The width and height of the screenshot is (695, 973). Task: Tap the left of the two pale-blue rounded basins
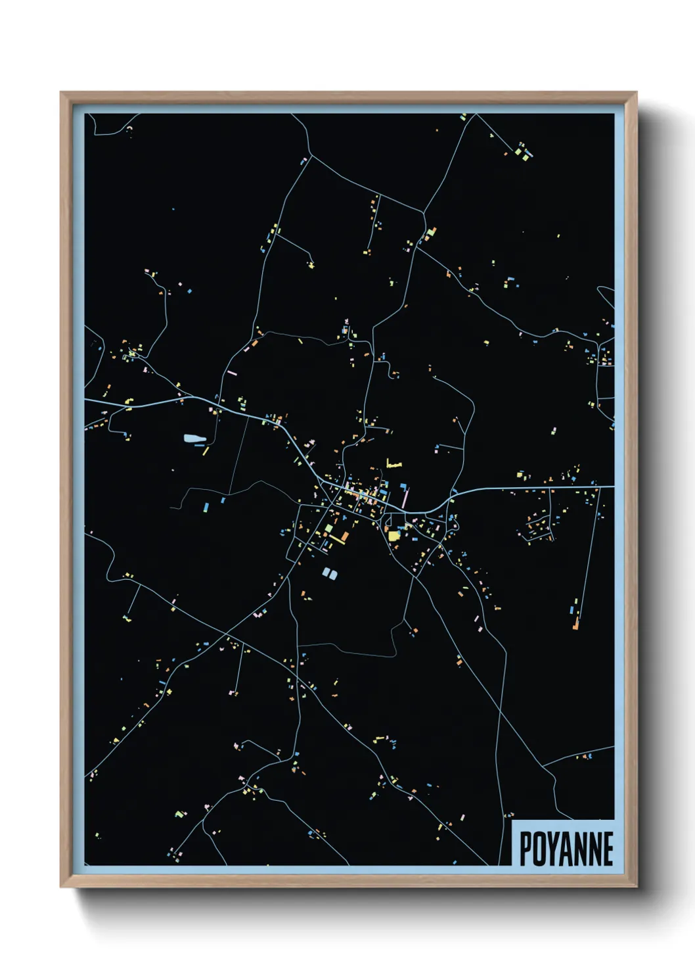coord(326,573)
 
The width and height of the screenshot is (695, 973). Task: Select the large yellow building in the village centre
coord(393,535)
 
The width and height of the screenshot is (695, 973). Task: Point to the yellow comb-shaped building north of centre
coord(393,465)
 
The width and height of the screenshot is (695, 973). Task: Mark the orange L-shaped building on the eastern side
coord(575,621)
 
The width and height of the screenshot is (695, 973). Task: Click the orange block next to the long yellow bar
coord(344,536)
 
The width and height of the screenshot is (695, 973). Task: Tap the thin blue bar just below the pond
coord(199,446)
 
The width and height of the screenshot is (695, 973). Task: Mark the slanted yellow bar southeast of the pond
coord(206,451)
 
